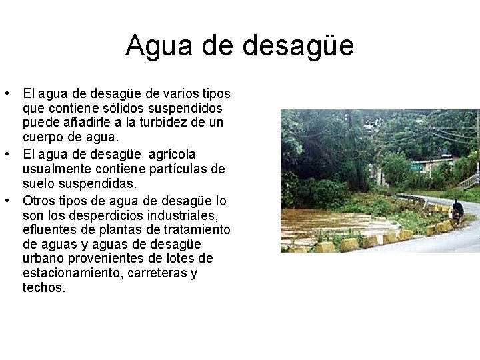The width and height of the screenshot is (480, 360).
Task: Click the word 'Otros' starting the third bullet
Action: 38,200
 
